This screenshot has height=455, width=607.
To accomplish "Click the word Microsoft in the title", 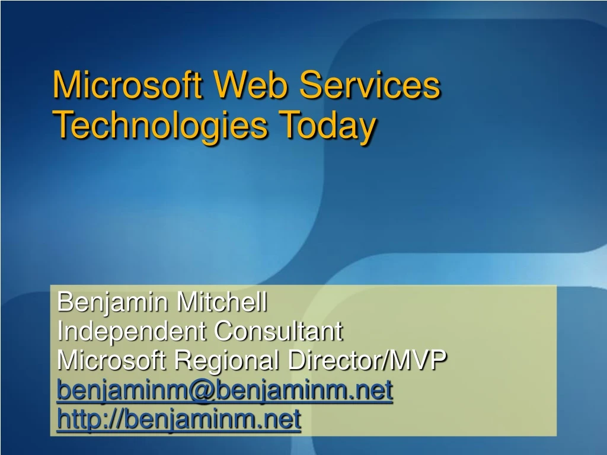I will (x=129, y=85).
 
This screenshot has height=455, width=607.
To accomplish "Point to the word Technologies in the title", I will (x=159, y=126).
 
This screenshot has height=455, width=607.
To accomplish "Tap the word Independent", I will (x=132, y=331).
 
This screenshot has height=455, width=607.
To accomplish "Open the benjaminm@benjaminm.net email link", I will (x=225, y=390).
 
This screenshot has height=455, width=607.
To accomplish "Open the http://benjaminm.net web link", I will (x=179, y=419).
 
